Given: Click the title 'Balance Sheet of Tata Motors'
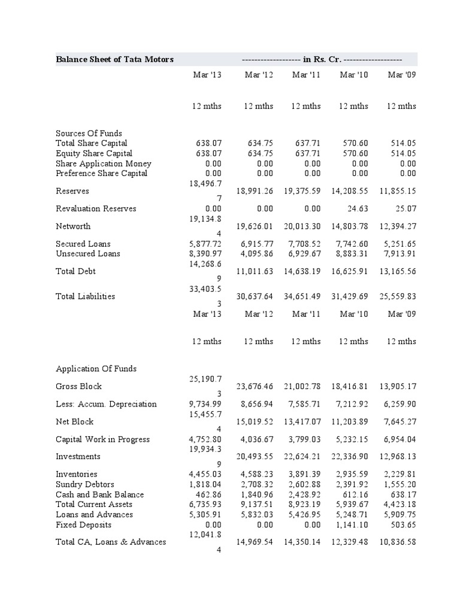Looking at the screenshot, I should [x=114, y=59].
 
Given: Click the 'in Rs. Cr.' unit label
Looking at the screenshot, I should [x=322, y=59].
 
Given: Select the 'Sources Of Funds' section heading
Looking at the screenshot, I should [x=89, y=133].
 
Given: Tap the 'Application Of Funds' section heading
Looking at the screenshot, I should [x=96, y=368].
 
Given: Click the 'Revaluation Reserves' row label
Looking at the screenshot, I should [x=96, y=208].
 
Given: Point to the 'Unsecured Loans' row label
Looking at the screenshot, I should [x=88, y=253].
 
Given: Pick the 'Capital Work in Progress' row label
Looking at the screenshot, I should [x=102, y=439].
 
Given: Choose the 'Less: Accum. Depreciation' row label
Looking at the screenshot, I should [x=106, y=403].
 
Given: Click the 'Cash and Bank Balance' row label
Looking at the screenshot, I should [x=99, y=494].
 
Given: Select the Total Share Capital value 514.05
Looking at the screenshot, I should [x=401, y=143].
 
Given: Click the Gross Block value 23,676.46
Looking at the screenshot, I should [x=251, y=386].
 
